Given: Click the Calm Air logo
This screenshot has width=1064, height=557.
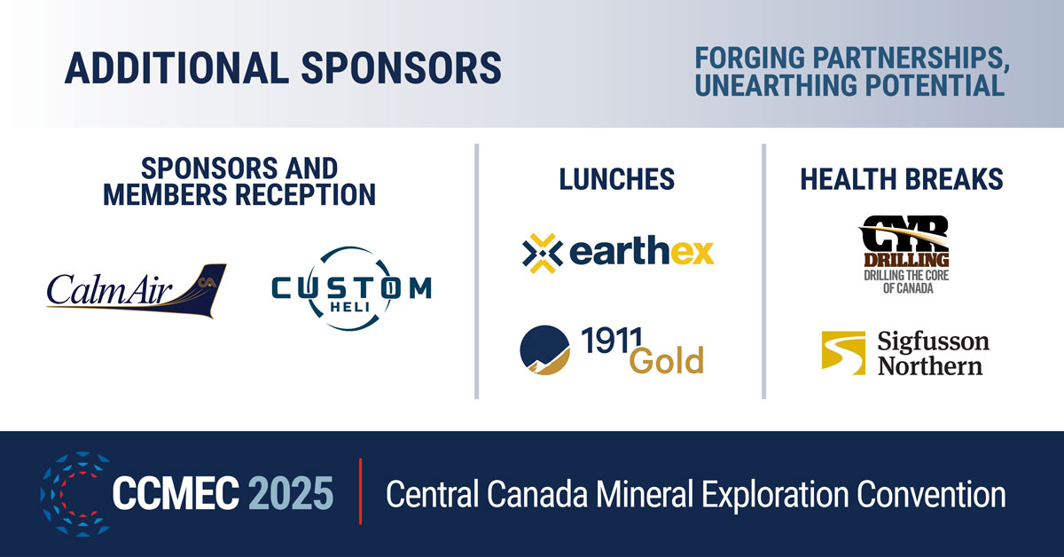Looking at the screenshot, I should (x=136, y=289).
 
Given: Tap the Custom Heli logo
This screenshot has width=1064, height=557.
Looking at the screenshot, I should (x=350, y=289).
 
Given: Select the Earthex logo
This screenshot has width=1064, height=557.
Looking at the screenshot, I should (x=618, y=252).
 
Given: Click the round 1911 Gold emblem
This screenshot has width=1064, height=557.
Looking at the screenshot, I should (x=544, y=349).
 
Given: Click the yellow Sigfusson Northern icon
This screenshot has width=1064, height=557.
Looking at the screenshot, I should (x=842, y=353).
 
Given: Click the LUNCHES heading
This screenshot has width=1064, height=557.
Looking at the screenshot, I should (x=616, y=179).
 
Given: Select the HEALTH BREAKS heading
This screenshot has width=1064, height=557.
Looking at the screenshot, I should (x=902, y=179).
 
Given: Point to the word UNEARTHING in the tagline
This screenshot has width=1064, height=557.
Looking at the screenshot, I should (x=778, y=86).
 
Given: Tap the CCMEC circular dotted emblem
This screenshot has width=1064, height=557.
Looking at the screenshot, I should (x=74, y=493).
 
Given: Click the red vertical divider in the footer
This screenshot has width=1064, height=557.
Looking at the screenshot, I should (x=360, y=493).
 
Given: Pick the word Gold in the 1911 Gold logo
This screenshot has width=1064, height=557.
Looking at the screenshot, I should (x=667, y=361).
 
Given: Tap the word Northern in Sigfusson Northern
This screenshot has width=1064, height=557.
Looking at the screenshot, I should (x=930, y=365).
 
